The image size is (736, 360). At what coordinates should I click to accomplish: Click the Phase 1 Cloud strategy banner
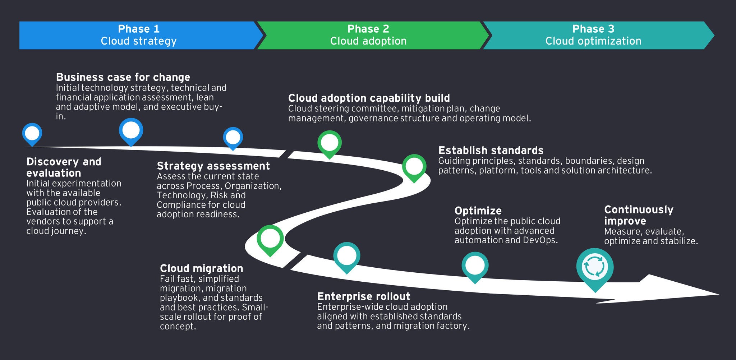(138, 35)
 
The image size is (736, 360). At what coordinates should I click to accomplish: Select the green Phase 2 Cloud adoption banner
(368, 35)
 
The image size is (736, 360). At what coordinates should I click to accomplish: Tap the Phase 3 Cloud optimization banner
(593, 35)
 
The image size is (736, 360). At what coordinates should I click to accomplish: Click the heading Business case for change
(123, 77)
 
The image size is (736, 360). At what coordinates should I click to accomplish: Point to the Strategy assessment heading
(213, 166)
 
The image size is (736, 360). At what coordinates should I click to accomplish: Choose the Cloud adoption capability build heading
(369, 98)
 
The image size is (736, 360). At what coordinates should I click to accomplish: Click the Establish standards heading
(491, 150)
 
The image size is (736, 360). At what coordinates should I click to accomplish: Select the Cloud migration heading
(201, 268)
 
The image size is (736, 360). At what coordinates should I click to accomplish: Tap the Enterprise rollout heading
(363, 296)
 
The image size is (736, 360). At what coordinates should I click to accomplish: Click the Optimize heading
(478, 211)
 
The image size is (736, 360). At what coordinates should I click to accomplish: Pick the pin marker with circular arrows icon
(595, 268)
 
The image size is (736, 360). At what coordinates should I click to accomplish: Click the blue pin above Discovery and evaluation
(32, 134)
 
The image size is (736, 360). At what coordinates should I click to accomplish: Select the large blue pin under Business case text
(131, 130)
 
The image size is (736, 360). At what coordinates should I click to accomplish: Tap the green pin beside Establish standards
(414, 167)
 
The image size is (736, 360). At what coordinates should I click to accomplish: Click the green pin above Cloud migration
(270, 239)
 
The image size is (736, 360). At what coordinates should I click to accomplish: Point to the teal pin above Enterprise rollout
(346, 256)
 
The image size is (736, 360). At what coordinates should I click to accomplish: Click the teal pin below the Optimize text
(475, 266)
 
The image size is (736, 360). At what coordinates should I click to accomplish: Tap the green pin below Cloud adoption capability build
(329, 143)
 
